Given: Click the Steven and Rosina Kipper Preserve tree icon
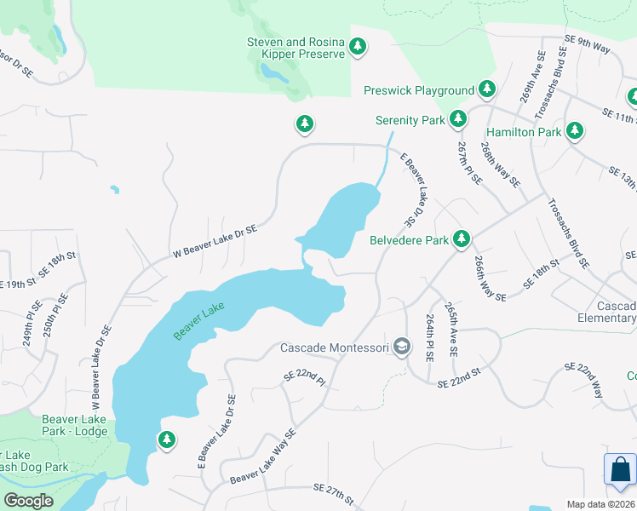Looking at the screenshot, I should point(358,47).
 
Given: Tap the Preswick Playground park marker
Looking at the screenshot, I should point(487,89).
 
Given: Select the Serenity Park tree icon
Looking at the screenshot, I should point(458,119).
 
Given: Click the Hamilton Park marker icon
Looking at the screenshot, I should point(576,131).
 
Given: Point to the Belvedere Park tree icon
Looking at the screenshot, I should point(462,239).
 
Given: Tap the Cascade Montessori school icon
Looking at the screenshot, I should point(403,347).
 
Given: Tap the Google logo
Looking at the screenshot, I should point(28,500).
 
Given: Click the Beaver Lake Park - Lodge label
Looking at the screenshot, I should point(75,425).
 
